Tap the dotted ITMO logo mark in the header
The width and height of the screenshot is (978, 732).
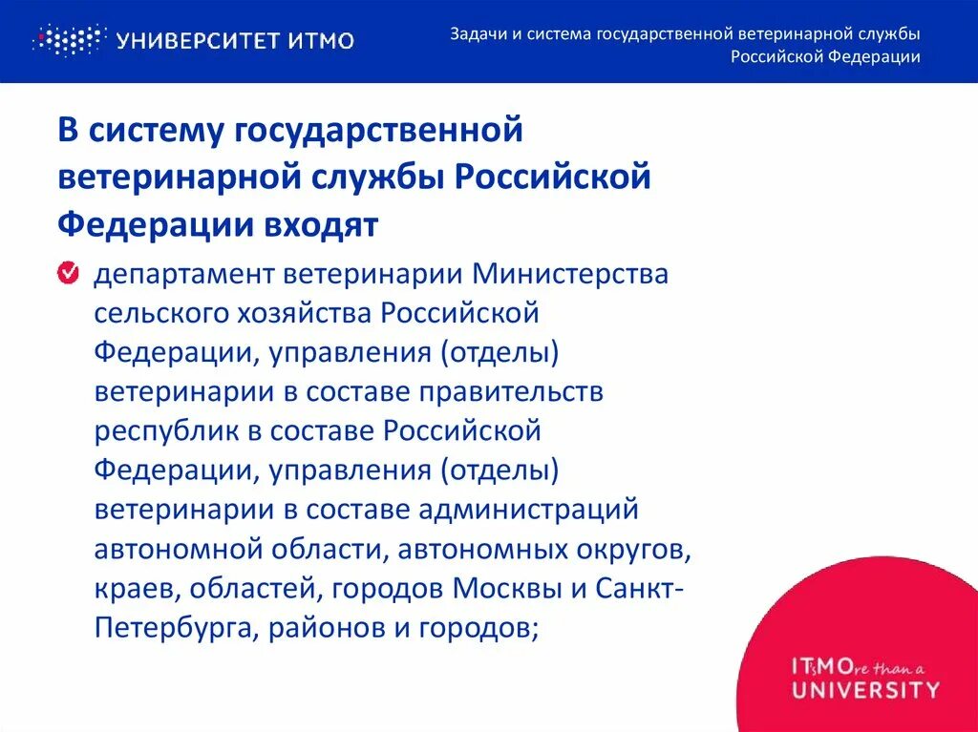68,40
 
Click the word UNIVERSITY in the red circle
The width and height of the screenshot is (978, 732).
865,689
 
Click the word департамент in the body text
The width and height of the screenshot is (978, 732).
181,275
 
